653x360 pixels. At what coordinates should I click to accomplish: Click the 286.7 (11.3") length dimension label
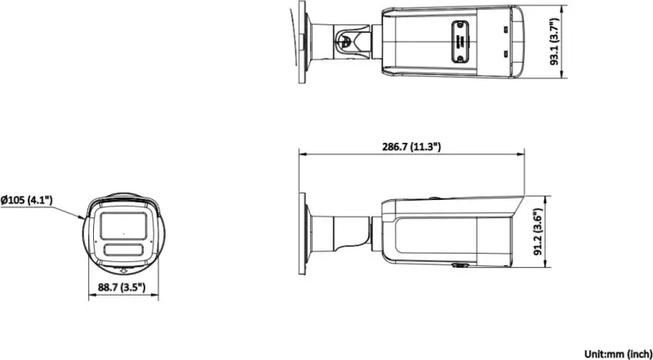click(x=411, y=146)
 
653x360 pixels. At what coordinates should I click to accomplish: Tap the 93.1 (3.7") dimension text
click(x=554, y=42)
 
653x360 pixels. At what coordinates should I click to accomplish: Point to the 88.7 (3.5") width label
click(x=122, y=287)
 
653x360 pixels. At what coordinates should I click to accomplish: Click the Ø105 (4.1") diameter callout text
click(x=26, y=201)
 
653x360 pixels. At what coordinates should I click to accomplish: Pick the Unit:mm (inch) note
click(x=618, y=353)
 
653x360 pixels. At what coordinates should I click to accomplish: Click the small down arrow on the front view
click(x=123, y=271)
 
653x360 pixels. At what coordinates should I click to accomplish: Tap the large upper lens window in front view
click(x=123, y=225)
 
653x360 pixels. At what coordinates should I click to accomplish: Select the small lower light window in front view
click(x=124, y=250)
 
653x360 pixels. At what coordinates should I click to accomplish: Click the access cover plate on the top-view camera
click(x=460, y=42)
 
